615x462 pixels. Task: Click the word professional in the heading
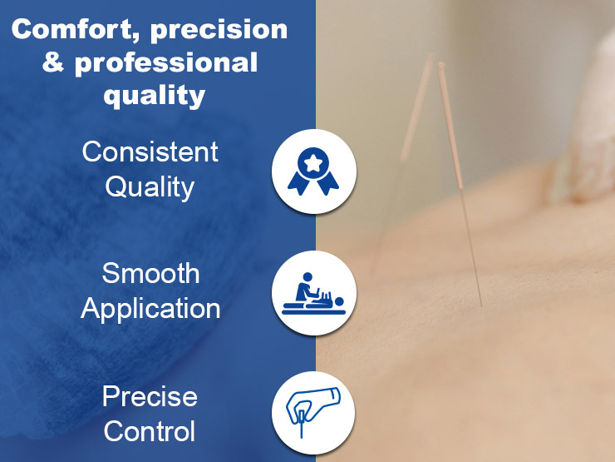166,63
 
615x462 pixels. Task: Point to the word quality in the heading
154,96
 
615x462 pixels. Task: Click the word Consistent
150,152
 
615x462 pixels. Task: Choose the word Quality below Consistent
150,186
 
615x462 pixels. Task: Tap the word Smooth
150,273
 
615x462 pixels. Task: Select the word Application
150,308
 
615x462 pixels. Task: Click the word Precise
150,396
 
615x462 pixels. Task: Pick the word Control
150,431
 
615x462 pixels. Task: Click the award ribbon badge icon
314,171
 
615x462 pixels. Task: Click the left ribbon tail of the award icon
302,184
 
